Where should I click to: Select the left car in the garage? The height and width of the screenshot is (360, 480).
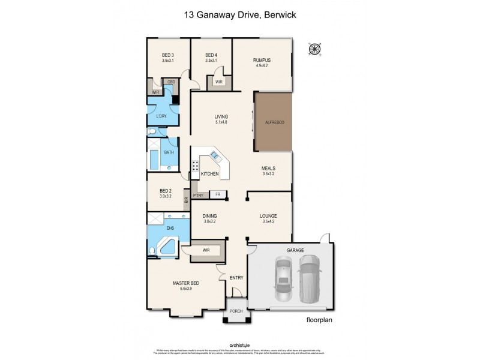pyautogui.click(x=283, y=279)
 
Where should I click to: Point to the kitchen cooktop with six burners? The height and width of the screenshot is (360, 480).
pyautogui.click(x=196, y=166)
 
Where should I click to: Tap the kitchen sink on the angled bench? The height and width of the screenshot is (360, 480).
pyautogui.click(x=215, y=158)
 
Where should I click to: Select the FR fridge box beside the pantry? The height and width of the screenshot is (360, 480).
pyautogui.click(x=218, y=194)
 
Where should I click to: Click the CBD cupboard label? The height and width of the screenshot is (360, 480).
pyautogui.click(x=170, y=82)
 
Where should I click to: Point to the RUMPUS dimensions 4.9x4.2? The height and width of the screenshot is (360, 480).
pyautogui.click(x=262, y=66)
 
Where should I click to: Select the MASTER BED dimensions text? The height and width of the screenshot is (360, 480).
pyautogui.click(x=185, y=289)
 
